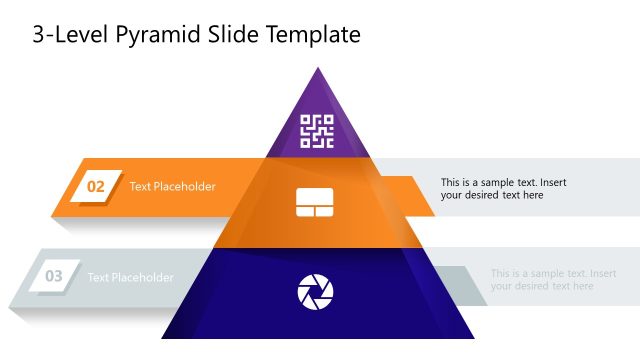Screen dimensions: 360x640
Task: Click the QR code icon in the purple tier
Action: coord(317,131)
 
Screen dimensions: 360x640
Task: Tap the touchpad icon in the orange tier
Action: coord(314,203)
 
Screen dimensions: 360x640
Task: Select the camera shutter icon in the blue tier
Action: coord(316,291)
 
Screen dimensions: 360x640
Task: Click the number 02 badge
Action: coord(96,186)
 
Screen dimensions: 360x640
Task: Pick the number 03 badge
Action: coord(54,276)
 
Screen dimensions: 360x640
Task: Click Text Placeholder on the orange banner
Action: coord(172,186)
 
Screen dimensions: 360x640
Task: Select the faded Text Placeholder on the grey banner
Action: coord(130,277)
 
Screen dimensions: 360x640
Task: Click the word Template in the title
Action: coord(311,35)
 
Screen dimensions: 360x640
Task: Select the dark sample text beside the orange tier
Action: coord(504,189)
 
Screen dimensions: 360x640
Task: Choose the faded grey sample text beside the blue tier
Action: coord(553,279)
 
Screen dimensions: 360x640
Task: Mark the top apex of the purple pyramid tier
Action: coord(318,68)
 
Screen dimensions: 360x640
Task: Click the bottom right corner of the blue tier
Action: coord(474,338)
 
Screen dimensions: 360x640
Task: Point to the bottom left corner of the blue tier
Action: coord(162,338)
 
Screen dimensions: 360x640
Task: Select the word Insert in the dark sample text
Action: coord(552,182)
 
